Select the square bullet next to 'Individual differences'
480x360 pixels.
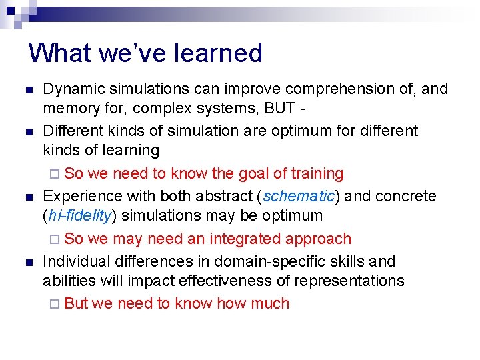(x=27, y=262)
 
